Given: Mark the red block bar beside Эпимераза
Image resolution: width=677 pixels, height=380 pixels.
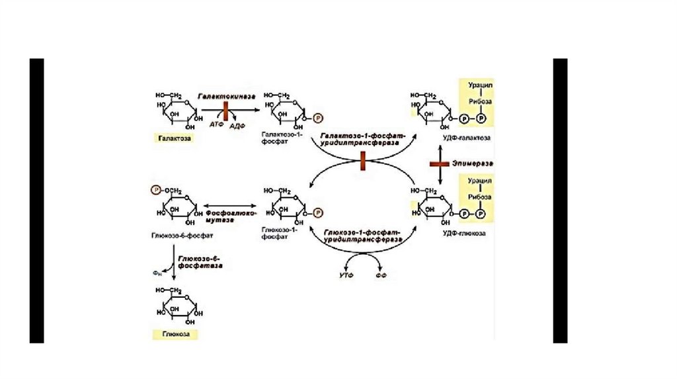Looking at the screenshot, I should tap(440, 164).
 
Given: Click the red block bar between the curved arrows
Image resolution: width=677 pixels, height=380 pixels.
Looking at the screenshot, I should tap(363, 160).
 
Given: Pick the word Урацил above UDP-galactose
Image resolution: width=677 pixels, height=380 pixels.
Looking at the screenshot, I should tap(481, 86).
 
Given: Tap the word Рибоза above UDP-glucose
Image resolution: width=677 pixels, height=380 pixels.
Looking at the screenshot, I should tap(481, 197).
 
